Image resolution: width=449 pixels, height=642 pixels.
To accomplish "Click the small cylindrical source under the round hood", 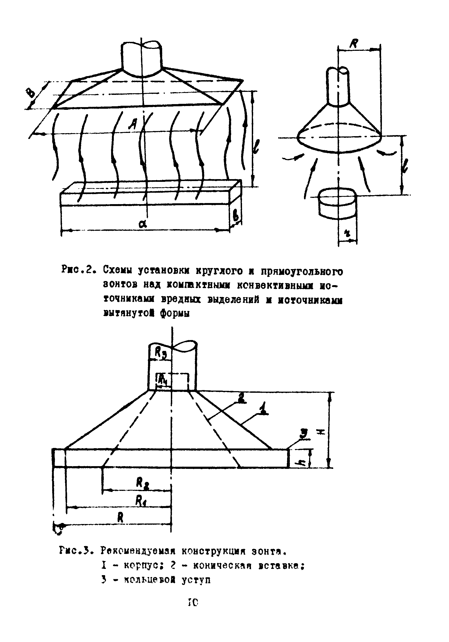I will click(x=338, y=204).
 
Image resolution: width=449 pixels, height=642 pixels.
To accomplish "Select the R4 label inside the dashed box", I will click(x=163, y=379).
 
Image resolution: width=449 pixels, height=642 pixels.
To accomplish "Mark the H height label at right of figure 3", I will click(x=321, y=432).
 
